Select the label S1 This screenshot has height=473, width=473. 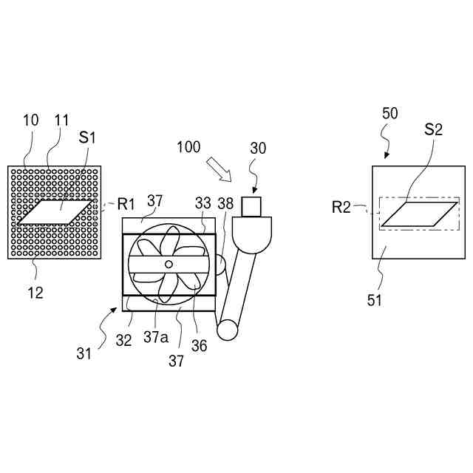[x=88, y=138]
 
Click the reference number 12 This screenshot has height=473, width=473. [x=35, y=293]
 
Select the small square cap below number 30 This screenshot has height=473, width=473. [x=253, y=205]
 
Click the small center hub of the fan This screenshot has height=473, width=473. [x=169, y=264]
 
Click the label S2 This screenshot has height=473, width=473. [x=434, y=130]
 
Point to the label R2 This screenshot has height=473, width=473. [x=341, y=206]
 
